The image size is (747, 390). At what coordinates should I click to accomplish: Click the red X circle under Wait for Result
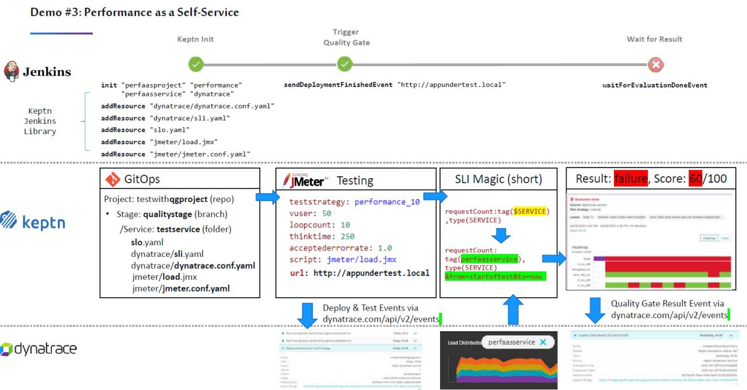[x=656, y=64]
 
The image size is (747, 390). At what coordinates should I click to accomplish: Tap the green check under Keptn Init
[x=196, y=64]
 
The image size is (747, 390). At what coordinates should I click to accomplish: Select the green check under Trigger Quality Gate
[x=345, y=64]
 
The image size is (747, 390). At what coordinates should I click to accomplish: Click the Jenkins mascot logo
[x=11, y=72]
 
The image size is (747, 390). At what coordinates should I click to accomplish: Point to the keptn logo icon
[x=9, y=221]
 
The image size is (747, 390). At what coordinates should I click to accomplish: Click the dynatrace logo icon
[x=6, y=349]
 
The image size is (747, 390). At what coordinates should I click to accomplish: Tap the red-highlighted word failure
[x=630, y=179]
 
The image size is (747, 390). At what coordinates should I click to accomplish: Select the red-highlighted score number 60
[x=695, y=179]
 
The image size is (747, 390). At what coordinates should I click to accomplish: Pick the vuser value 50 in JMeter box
[x=326, y=213]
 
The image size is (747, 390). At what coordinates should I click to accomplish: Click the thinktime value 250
[x=348, y=236]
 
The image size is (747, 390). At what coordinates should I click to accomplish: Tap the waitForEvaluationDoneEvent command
[x=655, y=85]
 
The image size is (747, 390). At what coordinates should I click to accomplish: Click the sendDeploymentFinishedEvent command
[x=338, y=85]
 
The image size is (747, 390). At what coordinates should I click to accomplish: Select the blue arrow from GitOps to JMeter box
[x=267, y=197]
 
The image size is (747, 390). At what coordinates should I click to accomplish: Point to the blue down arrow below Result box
[x=595, y=309]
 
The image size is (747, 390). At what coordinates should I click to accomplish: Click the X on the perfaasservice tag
[x=543, y=342]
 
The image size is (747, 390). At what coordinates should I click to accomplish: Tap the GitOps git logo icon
[x=112, y=179]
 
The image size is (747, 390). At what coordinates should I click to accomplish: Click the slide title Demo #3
[x=134, y=12]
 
